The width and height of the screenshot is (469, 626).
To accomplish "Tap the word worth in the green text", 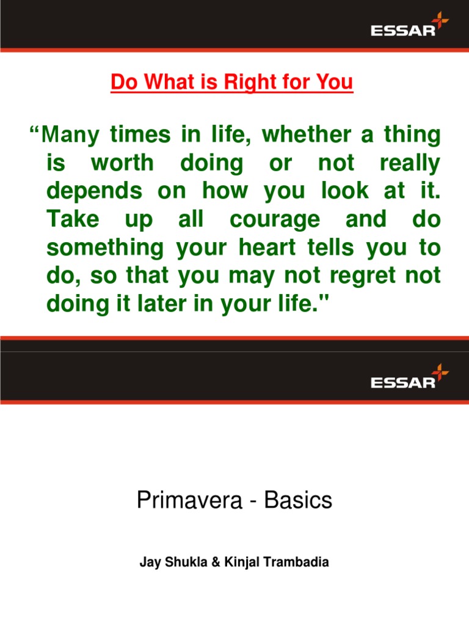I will (x=122, y=164).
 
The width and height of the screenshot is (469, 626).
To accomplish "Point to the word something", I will (x=105, y=248).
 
